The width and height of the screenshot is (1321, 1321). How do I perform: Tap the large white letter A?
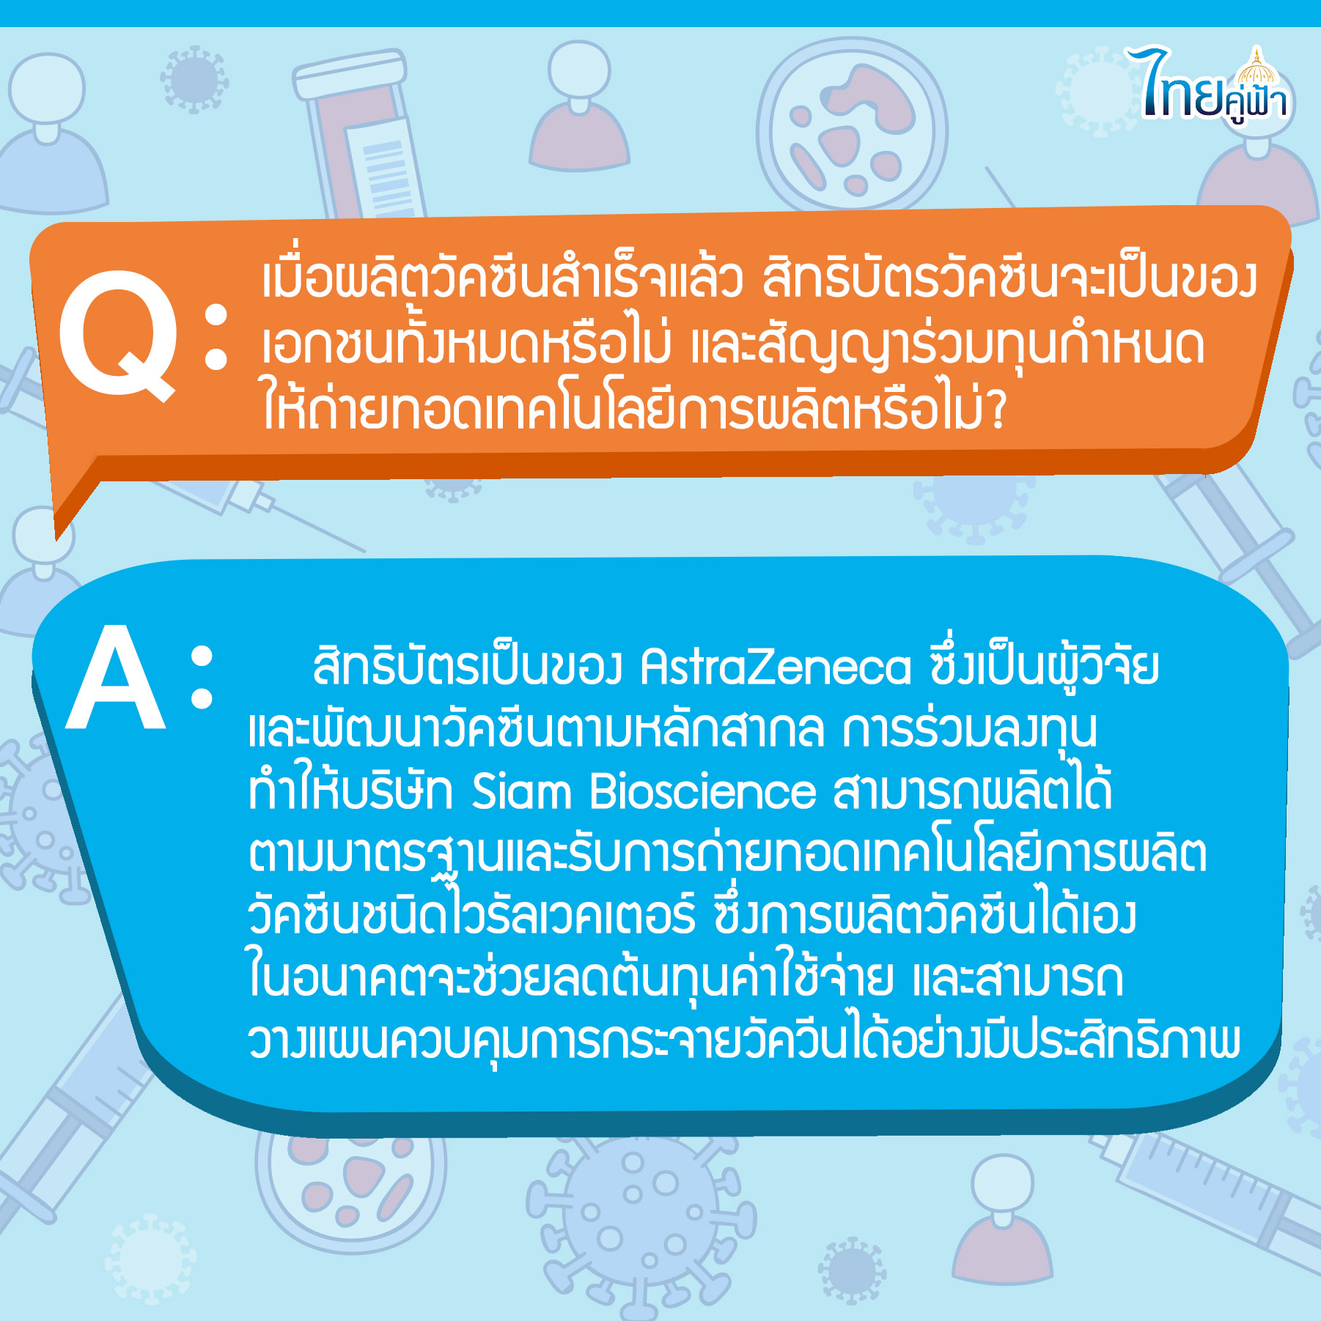[x=115, y=678]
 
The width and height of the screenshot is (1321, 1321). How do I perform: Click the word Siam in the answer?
[x=520, y=792]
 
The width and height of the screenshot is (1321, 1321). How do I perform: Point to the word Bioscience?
[x=703, y=792]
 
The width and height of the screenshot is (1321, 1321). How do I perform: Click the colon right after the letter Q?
[x=216, y=336]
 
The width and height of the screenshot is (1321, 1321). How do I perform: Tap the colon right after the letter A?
[x=202, y=677]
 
